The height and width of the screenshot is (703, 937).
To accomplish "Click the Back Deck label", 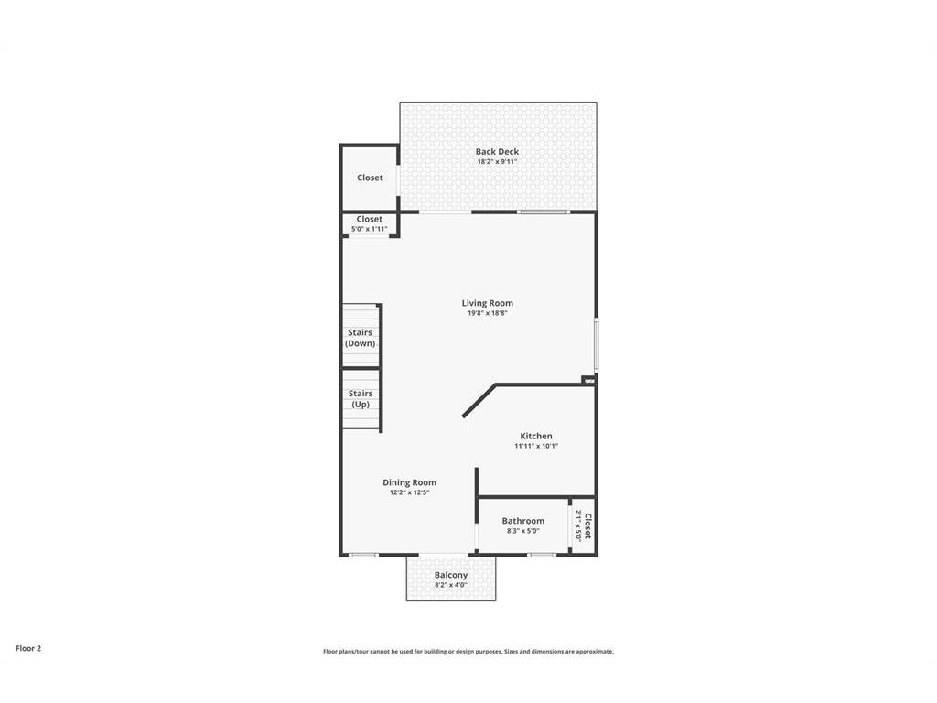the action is [497, 152].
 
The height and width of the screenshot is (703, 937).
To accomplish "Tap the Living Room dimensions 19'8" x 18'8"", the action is [488, 313].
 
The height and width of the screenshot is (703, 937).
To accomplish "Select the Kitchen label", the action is [536, 436].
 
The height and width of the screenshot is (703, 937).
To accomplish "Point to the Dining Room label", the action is [409, 482].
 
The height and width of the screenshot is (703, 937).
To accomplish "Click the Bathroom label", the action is [522, 521].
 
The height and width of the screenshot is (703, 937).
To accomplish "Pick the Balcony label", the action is [451, 575].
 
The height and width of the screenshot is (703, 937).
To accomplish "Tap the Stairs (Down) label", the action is [361, 338].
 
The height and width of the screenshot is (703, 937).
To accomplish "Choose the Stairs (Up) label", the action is [361, 399].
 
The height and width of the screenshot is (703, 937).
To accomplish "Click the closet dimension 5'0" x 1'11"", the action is [370, 229].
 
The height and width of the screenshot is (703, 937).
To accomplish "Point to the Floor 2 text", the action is [28, 648].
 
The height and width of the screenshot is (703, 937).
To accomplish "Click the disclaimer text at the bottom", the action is [468, 652].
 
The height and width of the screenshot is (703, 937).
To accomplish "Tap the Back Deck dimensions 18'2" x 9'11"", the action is [497, 161].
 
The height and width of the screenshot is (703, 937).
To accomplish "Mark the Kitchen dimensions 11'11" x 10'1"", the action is [536, 446].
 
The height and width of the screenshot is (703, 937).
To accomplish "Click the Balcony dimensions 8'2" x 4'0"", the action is [451, 585].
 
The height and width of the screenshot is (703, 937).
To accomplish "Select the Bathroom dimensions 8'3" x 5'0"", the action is [522, 531].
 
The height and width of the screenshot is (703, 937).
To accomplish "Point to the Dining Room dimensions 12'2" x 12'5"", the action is [409, 492].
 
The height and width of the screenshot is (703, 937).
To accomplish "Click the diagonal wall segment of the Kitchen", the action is [479, 401].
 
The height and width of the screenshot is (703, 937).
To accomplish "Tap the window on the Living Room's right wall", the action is [596, 344].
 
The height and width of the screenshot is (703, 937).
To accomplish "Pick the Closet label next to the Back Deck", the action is [370, 178].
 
